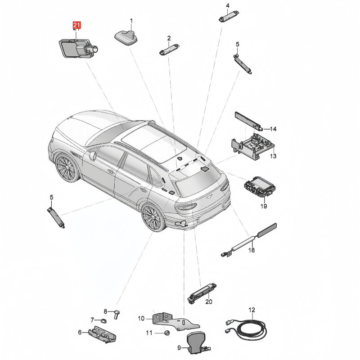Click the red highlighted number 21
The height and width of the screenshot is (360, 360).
click(76, 25)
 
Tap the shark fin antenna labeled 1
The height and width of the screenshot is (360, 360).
click(126, 37)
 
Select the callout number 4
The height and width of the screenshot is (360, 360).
click(228, 5)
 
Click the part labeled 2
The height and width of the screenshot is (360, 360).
click(169, 49)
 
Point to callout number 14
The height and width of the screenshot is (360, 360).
click(273, 129)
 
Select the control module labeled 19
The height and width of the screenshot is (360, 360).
click(260, 187)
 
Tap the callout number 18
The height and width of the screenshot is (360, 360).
click(252, 250)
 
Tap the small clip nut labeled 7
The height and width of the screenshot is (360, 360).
click(103, 320)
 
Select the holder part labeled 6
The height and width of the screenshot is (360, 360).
click(103, 334)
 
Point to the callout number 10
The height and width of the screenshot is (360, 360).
click(141, 319)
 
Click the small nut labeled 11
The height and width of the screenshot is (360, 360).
click(167, 333)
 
